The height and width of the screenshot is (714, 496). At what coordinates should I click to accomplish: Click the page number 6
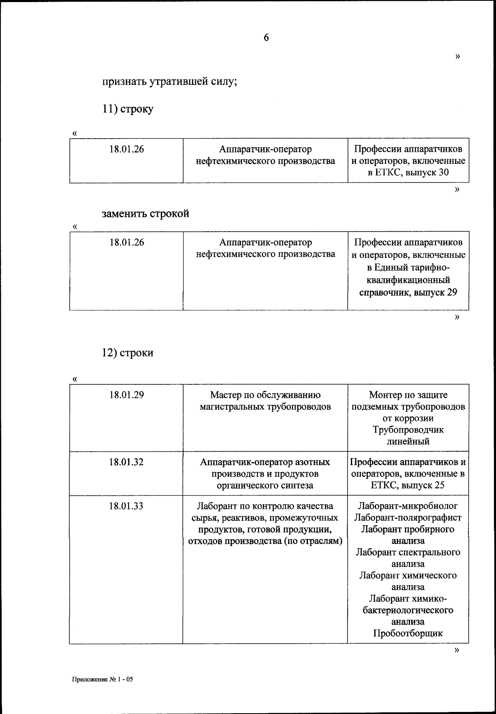coord(266,38)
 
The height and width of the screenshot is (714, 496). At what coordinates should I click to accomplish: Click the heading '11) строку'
coord(128,109)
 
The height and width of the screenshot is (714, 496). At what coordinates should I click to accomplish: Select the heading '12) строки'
coord(128,353)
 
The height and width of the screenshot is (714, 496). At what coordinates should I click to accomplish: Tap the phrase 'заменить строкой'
coord(145,214)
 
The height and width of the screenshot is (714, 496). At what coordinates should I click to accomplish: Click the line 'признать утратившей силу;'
coord(169,81)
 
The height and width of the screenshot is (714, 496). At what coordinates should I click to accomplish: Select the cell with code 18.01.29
coord(126,395)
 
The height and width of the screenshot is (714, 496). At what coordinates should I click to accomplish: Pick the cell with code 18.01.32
coord(126,462)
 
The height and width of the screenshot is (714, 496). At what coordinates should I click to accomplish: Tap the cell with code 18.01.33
coord(126,506)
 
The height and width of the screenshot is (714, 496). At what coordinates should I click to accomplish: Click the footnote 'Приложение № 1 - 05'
coord(103,679)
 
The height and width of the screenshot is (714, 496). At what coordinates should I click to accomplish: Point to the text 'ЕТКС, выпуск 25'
coord(408,485)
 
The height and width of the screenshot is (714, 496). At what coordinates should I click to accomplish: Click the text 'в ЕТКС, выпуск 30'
coord(408,173)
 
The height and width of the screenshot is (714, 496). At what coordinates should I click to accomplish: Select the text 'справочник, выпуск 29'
coord(408,292)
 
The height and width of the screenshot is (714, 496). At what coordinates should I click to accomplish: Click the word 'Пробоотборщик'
coord(408,633)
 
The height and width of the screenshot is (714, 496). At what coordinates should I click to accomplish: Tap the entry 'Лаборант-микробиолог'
coord(408,506)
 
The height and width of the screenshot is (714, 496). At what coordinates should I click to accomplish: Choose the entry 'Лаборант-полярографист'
coord(408,518)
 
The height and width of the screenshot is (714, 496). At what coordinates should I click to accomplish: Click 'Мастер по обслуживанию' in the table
coord(265,395)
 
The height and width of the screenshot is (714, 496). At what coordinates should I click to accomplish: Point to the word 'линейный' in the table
coord(408,441)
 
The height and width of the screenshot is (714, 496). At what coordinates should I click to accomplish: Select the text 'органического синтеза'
coord(265,485)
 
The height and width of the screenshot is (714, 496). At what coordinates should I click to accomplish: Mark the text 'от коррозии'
coord(408,418)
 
